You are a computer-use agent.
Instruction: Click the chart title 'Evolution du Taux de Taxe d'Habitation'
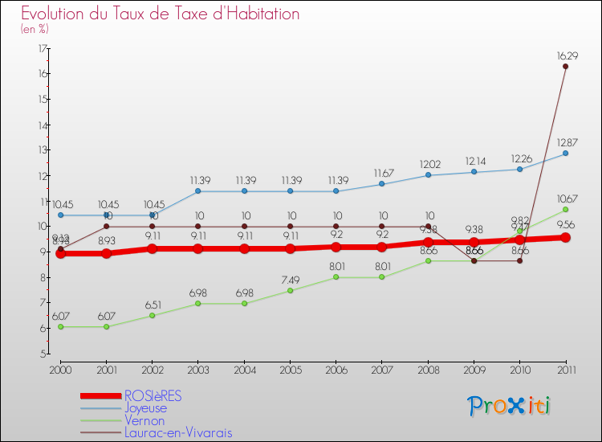(161, 14)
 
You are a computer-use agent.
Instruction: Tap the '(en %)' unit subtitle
(35, 29)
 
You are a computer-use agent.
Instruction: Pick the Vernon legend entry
(144, 420)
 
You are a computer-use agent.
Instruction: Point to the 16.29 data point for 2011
(565, 67)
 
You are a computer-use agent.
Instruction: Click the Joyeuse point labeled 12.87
(565, 153)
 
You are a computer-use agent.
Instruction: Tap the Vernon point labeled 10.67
(565, 210)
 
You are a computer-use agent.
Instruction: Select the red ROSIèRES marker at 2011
(565, 238)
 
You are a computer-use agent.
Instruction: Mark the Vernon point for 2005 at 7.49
(290, 290)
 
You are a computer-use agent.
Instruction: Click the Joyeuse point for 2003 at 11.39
(197, 191)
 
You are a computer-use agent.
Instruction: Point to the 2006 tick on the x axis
(336, 369)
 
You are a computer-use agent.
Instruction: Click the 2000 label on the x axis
(59, 369)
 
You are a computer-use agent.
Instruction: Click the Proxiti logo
(510, 406)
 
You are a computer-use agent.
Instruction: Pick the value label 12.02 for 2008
(428, 164)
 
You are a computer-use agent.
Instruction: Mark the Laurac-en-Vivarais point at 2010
(519, 260)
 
